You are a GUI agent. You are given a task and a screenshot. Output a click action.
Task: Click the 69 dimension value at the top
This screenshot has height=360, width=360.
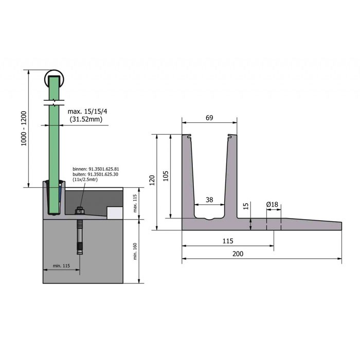[x=209, y=118]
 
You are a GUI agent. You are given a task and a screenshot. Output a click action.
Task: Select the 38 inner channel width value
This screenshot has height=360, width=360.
[x=209, y=200]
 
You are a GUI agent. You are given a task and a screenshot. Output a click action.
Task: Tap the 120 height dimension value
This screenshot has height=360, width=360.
[x=152, y=180]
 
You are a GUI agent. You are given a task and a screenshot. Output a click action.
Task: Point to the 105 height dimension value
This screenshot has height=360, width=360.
[x=166, y=176]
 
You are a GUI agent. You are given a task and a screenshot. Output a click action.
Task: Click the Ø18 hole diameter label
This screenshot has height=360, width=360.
[x=272, y=204]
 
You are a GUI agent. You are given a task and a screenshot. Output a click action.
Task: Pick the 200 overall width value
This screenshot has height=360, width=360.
[x=238, y=254]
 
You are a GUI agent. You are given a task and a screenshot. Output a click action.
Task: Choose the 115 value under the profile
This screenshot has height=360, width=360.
[x=228, y=241]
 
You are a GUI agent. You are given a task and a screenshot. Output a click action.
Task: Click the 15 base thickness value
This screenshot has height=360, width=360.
[x=246, y=206]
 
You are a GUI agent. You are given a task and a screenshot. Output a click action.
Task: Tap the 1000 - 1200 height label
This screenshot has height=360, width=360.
[x=24, y=129]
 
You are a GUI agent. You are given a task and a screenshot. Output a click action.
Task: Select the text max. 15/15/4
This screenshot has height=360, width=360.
[x=87, y=112]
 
